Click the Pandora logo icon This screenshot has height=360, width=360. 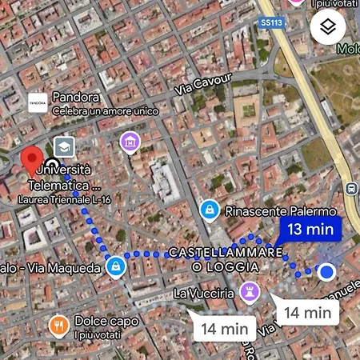(37, 103)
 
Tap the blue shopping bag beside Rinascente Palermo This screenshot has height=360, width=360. (209, 210)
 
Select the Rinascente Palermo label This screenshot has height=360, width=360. (280, 212)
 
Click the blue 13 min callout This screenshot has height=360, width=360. (310, 229)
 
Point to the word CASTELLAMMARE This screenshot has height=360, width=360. (225, 253)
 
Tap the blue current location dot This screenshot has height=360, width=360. (326, 272)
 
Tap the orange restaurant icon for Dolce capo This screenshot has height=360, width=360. (58, 325)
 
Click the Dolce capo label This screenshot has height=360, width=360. (106, 321)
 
